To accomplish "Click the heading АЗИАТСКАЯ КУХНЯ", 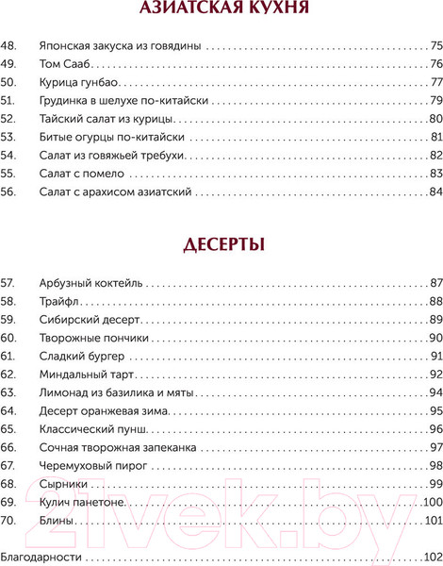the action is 221,12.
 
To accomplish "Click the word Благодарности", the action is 41,557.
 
